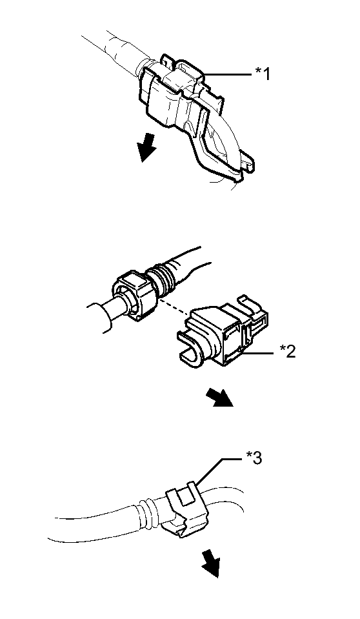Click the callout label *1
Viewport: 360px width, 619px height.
263,74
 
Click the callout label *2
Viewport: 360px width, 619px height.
287,350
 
